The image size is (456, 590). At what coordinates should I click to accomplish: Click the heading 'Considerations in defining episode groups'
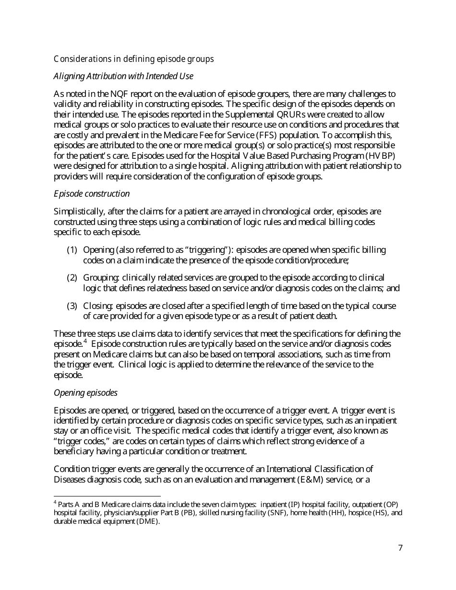[x=133, y=59]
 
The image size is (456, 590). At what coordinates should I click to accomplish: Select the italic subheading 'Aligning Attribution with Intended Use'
[x=123, y=76]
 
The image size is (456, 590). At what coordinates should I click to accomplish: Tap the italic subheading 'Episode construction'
[x=92, y=194]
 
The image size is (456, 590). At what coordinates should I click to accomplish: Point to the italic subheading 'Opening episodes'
[x=85, y=393]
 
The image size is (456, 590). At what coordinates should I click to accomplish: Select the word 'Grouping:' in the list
[x=101, y=278]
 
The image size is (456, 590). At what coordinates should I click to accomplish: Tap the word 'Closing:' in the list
[x=98, y=306]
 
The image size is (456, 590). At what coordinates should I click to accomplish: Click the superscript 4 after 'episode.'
[x=85, y=342]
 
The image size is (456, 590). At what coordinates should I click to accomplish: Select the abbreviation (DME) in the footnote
[x=148, y=522]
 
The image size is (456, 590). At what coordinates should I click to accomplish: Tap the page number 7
[x=400, y=548]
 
